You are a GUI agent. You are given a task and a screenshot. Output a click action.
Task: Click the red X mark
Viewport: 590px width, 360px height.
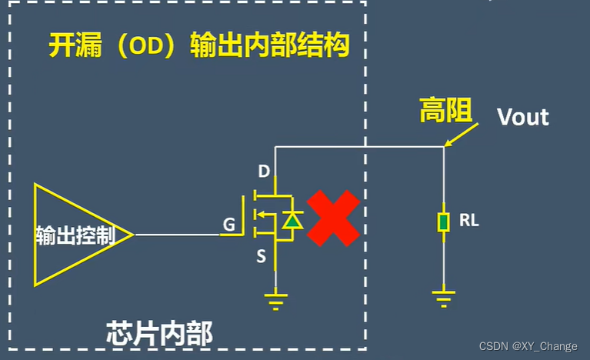click(333, 219)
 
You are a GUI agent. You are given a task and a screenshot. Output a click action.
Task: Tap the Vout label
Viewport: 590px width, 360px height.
click(523, 118)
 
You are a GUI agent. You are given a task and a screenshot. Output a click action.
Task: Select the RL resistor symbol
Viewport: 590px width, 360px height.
click(444, 223)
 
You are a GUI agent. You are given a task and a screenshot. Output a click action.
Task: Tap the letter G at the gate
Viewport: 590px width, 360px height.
click(228, 225)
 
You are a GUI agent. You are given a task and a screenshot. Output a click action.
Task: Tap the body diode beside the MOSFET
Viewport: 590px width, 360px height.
click(291, 222)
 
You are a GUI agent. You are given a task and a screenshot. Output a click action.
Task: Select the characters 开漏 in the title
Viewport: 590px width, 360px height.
click(72, 46)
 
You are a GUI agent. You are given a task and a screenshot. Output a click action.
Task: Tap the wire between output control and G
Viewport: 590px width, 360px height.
click(177, 234)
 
